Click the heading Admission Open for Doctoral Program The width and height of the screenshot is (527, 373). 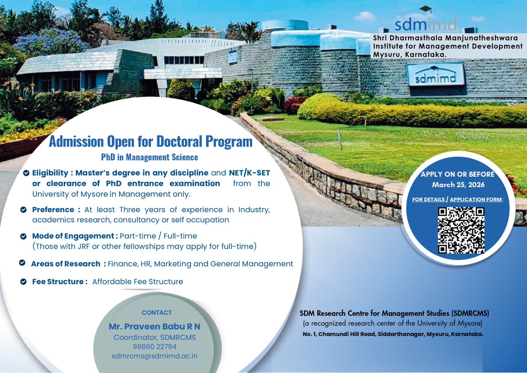(151, 142)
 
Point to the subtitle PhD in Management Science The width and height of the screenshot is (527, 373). (149, 157)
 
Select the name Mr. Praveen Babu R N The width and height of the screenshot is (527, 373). (155, 327)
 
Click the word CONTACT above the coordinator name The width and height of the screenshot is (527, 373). (157, 313)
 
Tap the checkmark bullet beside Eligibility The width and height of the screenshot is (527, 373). (26, 173)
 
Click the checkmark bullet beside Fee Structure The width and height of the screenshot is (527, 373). (24, 282)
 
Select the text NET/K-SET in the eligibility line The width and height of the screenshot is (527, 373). (249, 173)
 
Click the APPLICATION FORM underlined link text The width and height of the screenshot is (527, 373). (476, 199)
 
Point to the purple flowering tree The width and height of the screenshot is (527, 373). (48, 42)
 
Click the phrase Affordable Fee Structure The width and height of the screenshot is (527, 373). (137, 282)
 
